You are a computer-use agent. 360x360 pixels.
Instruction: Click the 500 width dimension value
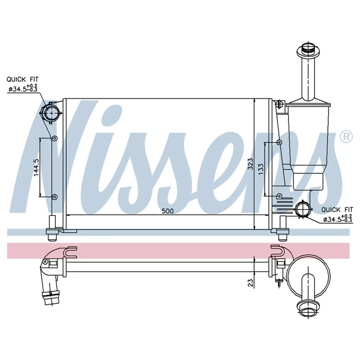(x=168, y=211)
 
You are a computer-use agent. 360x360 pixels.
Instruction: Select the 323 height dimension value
(x=251, y=164)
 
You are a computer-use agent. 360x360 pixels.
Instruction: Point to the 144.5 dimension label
(x=36, y=168)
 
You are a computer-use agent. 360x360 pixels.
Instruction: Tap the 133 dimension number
(x=261, y=169)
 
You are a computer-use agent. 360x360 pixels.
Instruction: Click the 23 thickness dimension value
(x=251, y=283)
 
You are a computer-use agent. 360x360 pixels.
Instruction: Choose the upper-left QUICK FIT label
(x=23, y=79)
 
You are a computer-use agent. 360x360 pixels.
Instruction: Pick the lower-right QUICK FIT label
(x=337, y=210)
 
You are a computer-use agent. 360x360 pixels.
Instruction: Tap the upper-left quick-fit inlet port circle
(x=52, y=112)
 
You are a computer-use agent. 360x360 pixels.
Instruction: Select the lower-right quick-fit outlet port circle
(x=303, y=209)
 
